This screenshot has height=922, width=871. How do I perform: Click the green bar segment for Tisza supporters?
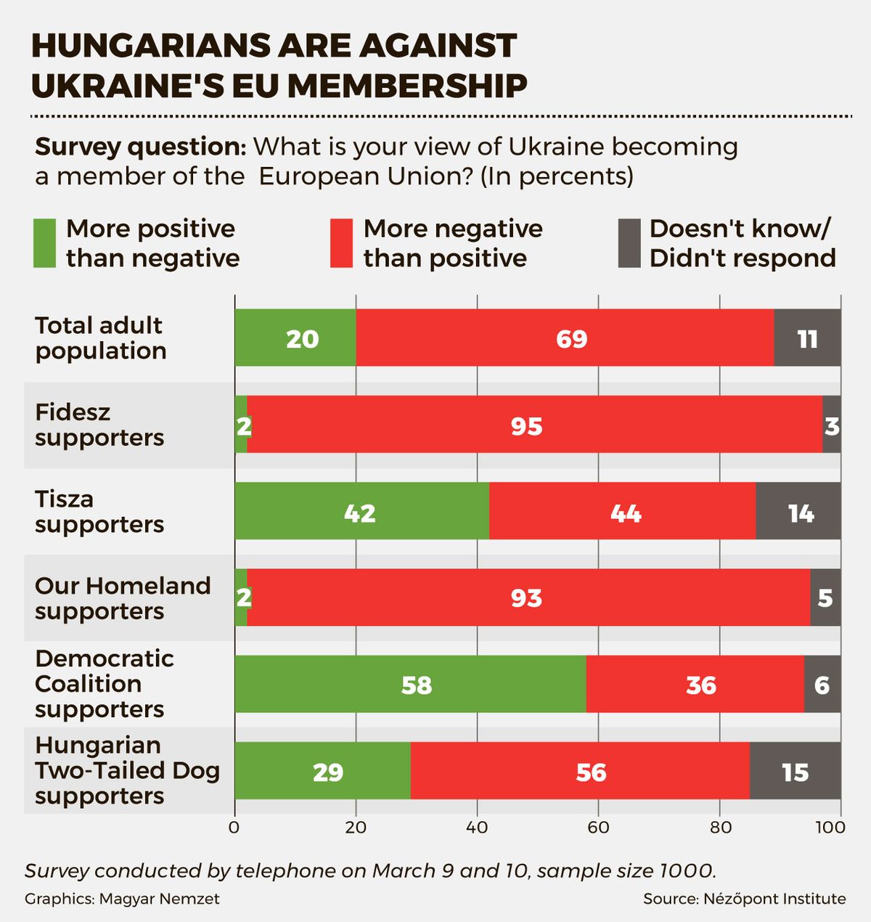coord(361,511)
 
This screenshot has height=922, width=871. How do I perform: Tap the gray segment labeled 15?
coord(795,771)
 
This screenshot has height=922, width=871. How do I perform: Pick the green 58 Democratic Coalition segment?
coord(410,684)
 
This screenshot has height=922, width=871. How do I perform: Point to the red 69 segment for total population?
coord(565,338)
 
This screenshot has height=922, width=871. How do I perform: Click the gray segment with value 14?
coord(798,511)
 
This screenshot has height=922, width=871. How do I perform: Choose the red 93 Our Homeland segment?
coord(528,597)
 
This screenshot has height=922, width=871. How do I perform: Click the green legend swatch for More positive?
coord(45,243)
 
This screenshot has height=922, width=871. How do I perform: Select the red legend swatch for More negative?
coord(341,243)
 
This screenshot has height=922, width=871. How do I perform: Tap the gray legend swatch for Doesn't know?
coord(629,243)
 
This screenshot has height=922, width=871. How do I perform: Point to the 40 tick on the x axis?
coord(477,827)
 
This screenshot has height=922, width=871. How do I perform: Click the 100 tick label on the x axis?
coord(830,827)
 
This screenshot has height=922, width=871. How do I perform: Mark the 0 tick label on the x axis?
coord(234,827)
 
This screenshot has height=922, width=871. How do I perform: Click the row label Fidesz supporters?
coord(99,425)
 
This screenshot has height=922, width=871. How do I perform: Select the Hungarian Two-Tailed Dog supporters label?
coord(127,770)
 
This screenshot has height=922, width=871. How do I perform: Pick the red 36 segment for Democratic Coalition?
coord(695,684)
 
